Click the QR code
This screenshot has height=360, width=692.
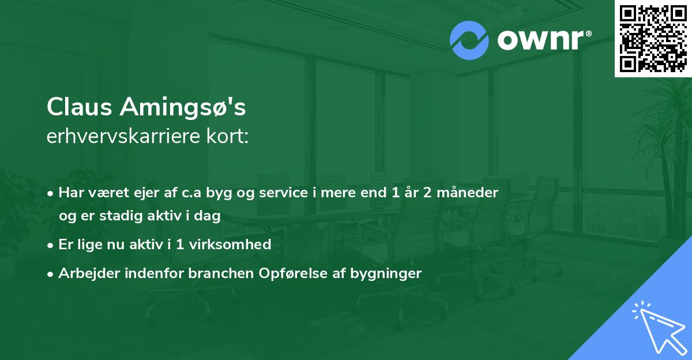pos(653,38)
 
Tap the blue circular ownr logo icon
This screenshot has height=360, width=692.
pos(469,40)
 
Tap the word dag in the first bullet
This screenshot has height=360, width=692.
pos(210,216)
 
